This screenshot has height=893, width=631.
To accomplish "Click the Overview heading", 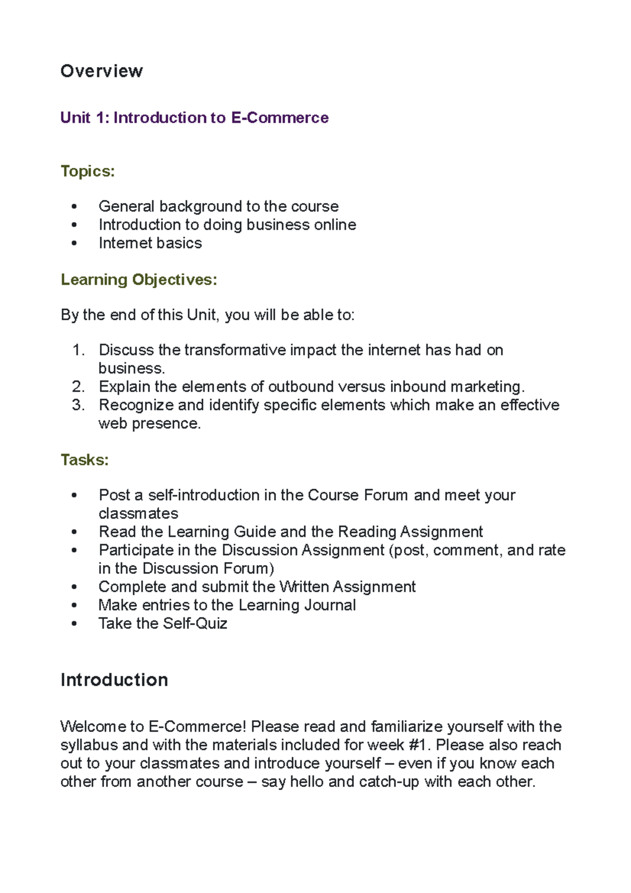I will click(101, 71).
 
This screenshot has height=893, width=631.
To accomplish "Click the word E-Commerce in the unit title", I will click(280, 117).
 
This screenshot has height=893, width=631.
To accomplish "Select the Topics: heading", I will click(88, 171).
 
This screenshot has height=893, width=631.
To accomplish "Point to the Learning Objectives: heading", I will click(139, 280).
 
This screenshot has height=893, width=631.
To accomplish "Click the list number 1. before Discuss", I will click(78, 350).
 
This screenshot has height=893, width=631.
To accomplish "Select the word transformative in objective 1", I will click(235, 350).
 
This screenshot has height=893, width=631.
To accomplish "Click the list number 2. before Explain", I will click(78, 387).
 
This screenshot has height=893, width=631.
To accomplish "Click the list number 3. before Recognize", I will click(78, 405).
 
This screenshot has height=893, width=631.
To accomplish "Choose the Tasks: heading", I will click(85, 460).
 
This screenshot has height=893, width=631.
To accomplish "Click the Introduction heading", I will click(114, 680).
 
